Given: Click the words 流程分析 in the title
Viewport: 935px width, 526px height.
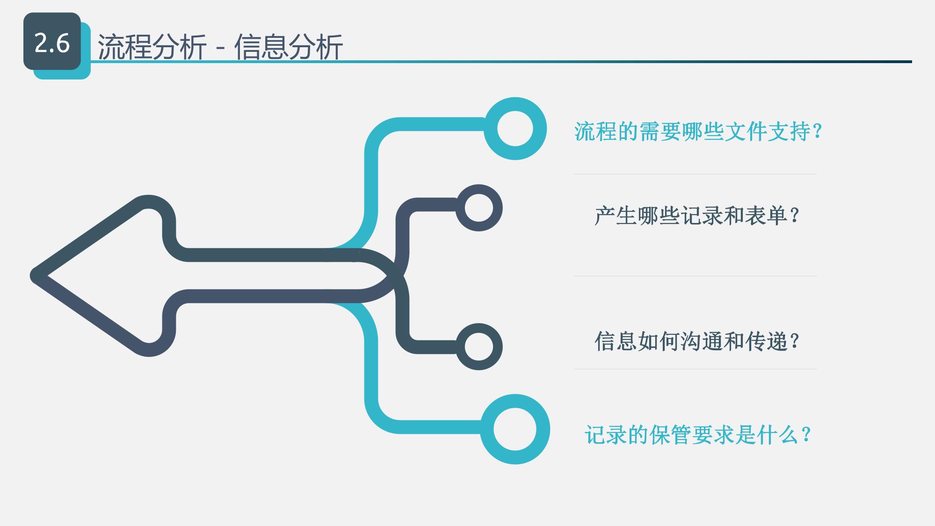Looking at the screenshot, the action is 152,47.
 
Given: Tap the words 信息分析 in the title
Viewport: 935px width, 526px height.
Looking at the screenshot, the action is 289,47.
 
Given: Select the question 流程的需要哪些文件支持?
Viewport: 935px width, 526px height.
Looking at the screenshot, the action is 698,131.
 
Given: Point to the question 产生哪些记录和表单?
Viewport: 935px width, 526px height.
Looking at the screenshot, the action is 697,216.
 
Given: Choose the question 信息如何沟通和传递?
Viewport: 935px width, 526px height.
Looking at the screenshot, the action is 697,341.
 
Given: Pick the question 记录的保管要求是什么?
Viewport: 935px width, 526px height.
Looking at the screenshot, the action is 698,435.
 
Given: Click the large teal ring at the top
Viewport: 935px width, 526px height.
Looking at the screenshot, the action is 515,129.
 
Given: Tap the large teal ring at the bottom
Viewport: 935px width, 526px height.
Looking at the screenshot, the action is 515,429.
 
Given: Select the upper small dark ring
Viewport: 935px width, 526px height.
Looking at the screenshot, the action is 479,208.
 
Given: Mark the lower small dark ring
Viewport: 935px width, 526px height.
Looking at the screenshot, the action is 479,347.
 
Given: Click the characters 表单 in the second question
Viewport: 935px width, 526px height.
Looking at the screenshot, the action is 765,216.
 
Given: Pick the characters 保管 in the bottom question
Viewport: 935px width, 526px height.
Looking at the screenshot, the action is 671,435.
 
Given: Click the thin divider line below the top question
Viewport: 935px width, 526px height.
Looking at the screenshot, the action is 696,174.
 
